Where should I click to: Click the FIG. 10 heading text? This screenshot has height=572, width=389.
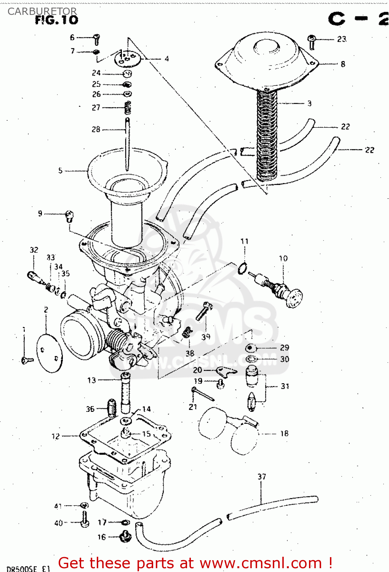56,20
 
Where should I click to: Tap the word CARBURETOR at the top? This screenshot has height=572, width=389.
42,11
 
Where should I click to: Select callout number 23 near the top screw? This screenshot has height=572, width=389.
342,39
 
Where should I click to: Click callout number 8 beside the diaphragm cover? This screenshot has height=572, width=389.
343,64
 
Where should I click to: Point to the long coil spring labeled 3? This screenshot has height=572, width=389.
266,133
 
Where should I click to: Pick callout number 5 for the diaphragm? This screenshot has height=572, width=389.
60,170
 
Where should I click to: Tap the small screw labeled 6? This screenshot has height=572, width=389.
97,39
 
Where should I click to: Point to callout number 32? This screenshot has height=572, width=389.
34,250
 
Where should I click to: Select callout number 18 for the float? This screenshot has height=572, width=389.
284,433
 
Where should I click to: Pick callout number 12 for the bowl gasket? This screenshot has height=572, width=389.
56,436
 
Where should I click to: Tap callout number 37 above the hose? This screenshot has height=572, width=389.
262,476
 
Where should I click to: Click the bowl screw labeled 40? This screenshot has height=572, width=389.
85,520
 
